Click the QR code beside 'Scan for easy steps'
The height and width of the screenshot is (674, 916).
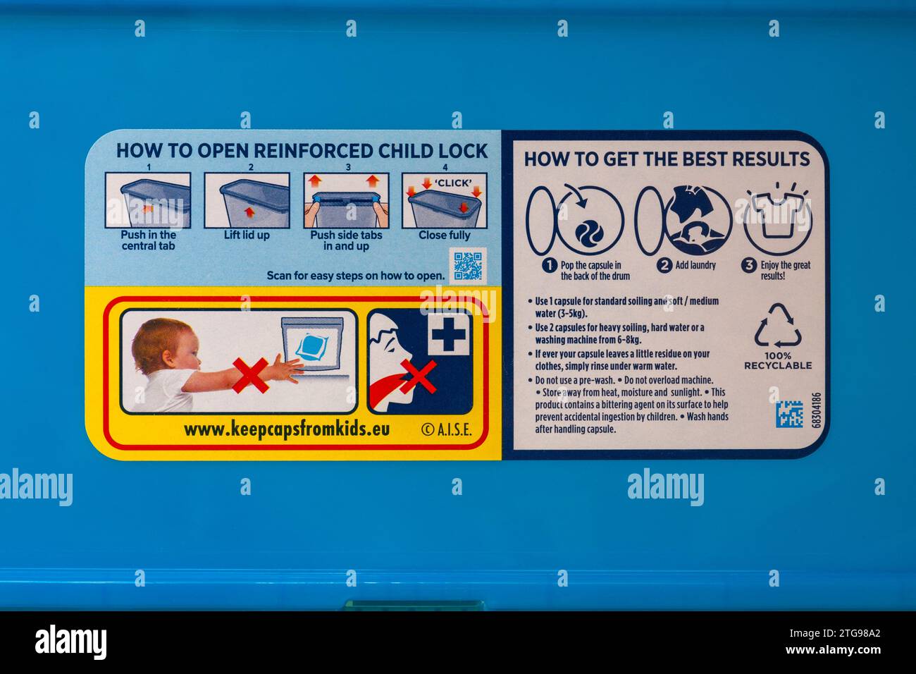pyautogui.click(x=467, y=265)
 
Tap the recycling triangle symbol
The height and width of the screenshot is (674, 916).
pyautogui.click(x=777, y=326)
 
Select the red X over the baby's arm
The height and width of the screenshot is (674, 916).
pyautogui.click(x=250, y=374)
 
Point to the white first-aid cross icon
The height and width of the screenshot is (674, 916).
pyautogui.click(x=447, y=334)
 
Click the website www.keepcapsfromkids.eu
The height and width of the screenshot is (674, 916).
pyautogui.click(x=286, y=429)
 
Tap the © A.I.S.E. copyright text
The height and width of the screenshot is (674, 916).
pyautogui.click(x=446, y=430)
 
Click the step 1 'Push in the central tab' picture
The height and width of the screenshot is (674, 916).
pyautogui.click(x=148, y=200)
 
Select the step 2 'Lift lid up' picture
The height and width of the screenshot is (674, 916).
pyautogui.click(x=247, y=200)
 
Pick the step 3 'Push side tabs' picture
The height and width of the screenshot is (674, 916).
pyautogui.click(x=345, y=200)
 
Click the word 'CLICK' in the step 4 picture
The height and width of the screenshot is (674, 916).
pyautogui.click(x=452, y=183)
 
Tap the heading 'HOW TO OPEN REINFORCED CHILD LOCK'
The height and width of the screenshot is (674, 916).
pyautogui.click(x=302, y=151)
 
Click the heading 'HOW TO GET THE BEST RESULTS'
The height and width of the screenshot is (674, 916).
pyautogui.click(x=666, y=159)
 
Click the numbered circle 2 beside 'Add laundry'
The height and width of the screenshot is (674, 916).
pyautogui.click(x=664, y=265)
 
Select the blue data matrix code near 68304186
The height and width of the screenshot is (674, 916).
pyautogui.click(x=789, y=414)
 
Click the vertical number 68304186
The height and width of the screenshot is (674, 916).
pyautogui.click(x=816, y=410)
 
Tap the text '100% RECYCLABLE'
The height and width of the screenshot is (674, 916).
pyautogui.click(x=777, y=361)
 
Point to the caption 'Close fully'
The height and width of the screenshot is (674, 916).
pyautogui.click(x=444, y=235)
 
